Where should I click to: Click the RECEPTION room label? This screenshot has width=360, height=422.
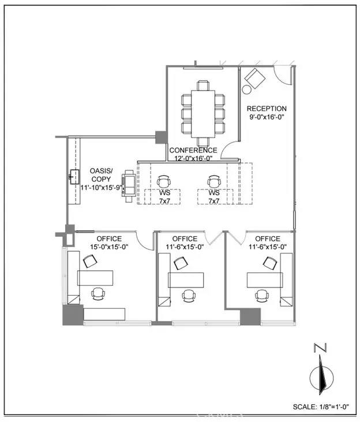tap(267, 109)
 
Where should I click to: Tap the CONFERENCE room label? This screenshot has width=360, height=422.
tap(193, 150)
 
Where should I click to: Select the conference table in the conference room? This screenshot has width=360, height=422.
tap(203, 114)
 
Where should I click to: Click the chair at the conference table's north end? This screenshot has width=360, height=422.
tap(203, 85)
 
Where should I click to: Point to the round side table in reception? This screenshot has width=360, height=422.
tap(246, 89)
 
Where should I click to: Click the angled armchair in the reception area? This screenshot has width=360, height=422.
tap(255, 79)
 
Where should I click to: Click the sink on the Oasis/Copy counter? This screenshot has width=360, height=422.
tap(74, 177)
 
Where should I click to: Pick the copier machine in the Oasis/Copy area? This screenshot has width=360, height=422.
tap(129, 186)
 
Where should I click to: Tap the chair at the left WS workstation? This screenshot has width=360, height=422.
tap(164, 182)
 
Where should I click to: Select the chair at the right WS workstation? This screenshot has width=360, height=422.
tap(214, 182)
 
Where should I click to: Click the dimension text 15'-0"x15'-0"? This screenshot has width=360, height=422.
tap(109, 247)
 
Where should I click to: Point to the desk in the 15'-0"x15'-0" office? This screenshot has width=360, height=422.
tap(95, 278)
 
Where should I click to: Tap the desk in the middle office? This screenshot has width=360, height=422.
tap(186, 280)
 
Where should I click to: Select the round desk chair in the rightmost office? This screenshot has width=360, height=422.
tap(262, 296)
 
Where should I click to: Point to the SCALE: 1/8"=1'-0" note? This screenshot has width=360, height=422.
tap(321, 406)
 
